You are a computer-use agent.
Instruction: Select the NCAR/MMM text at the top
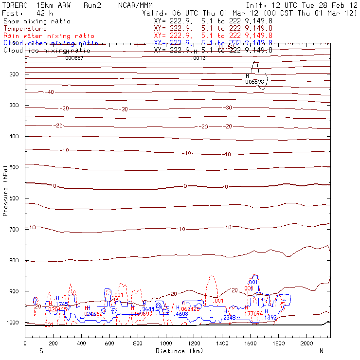(x=135, y=5)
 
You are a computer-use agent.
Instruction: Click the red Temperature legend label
(x=25, y=29)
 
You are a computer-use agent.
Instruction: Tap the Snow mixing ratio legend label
(x=37, y=21)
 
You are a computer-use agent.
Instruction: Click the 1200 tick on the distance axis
(x=194, y=343)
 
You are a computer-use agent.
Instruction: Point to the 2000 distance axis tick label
(x=307, y=343)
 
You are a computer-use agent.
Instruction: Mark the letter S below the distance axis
(x=41, y=351)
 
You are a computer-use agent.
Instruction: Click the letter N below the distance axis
(x=322, y=351)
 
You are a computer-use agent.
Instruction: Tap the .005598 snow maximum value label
(x=253, y=82)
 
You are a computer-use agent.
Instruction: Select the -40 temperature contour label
(x=50, y=92)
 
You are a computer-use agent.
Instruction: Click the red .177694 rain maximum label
(x=253, y=314)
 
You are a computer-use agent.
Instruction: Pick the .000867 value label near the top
(x=73, y=58)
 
